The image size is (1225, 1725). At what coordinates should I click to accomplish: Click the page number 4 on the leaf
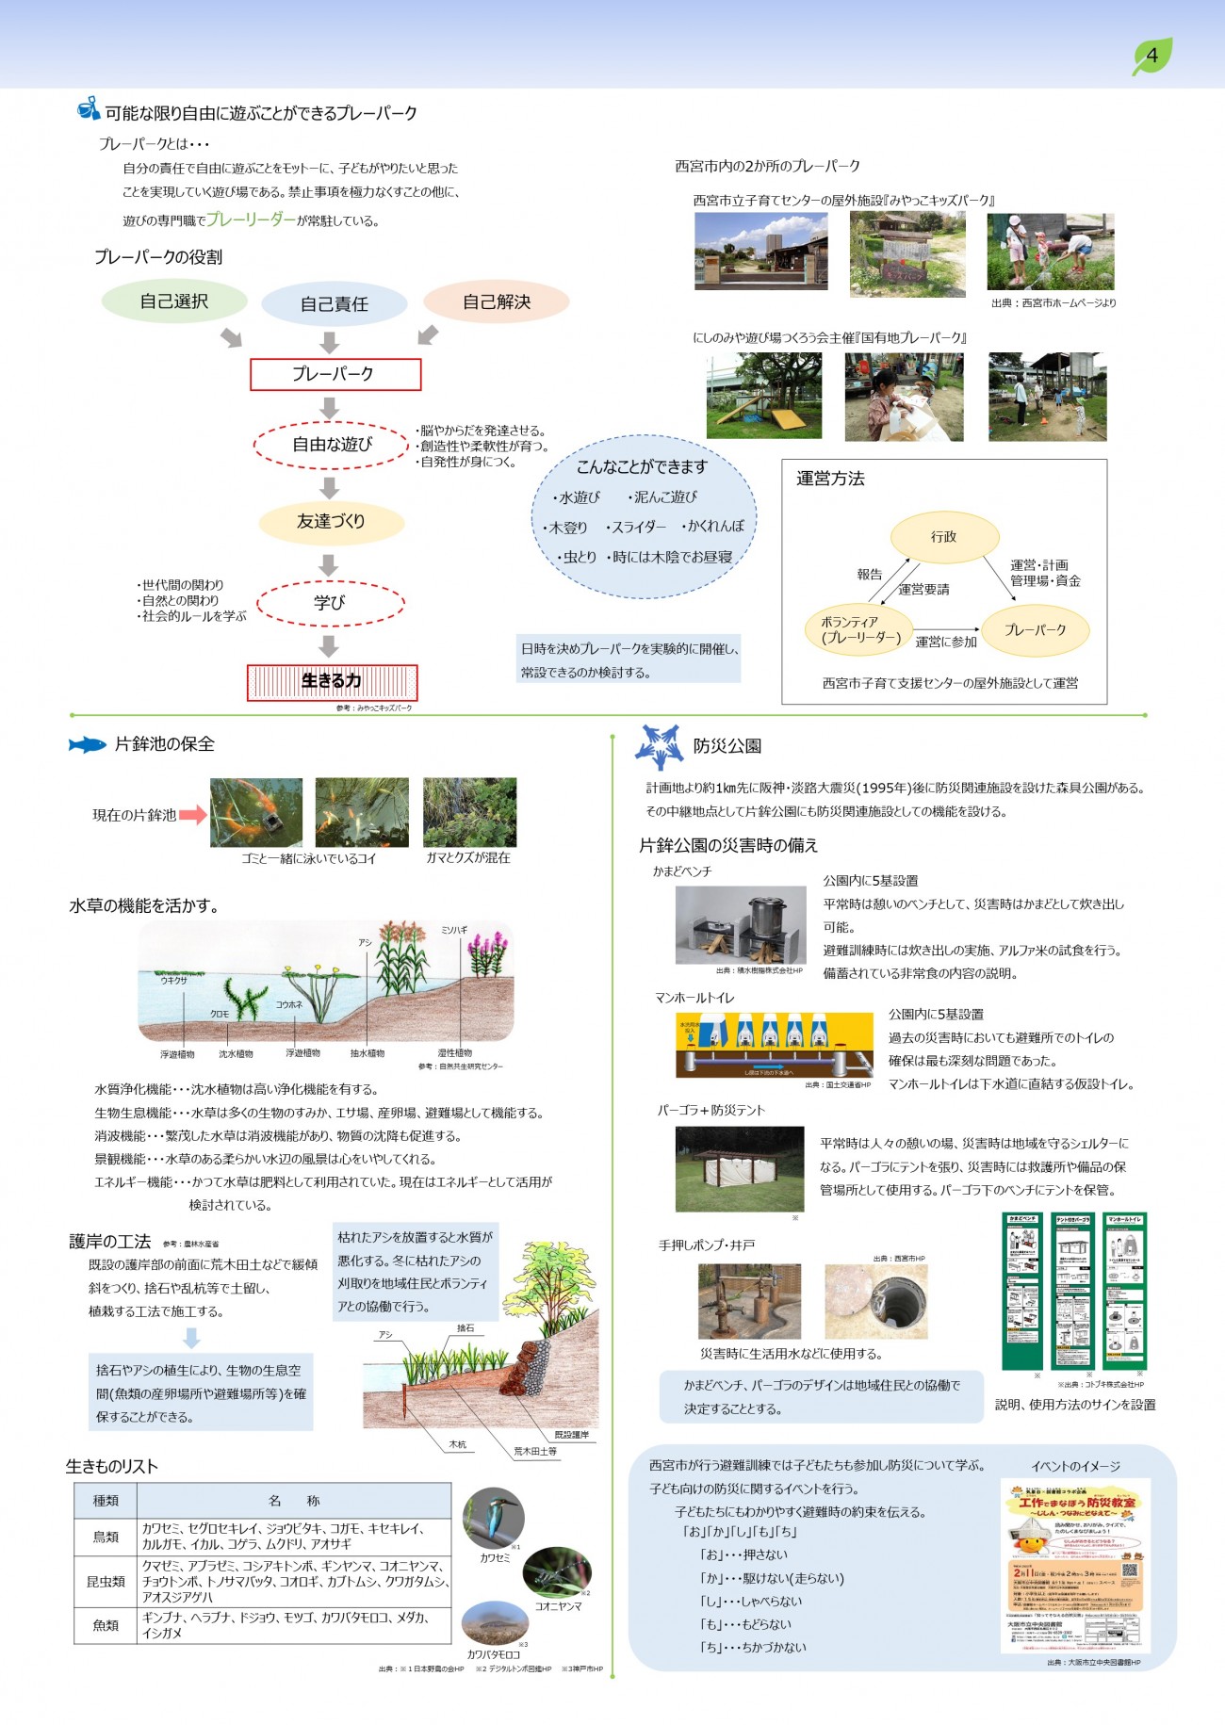pyautogui.click(x=1151, y=56)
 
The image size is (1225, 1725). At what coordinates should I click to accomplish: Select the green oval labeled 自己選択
pyautogui.click(x=174, y=301)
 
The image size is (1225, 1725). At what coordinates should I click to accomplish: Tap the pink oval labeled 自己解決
pyautogui.click(x=497, y=302)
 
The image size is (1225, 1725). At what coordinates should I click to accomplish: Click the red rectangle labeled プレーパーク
pyautogui.click(x=335, y=374)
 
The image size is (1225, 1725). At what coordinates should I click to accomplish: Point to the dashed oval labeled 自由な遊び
pyautogui.click(x=331, y=445)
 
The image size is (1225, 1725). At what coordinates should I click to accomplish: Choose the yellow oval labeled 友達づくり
pyautogui.click(x=331, y=522)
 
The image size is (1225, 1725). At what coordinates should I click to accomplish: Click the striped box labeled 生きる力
pyautogui.click(x=332, y=681)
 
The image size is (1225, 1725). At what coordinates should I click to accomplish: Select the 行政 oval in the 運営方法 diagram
pyautogui.click(x=944, y=537)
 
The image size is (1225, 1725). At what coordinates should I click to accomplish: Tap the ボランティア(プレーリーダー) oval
pyautogui.click(x=858, y=630)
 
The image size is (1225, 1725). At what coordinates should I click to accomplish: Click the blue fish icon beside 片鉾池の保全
pyautogui.click(x=88, y=744)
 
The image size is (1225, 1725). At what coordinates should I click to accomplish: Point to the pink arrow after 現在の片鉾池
pyautogui.click(x=193, y=815)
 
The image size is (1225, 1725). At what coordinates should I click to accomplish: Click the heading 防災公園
pyautogui.click(x=727, y=746)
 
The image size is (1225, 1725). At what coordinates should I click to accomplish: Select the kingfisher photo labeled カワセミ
pyautogui.click(x=494, y=1518)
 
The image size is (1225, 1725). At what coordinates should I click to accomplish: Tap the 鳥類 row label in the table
pyautogui.click(x=106, y=1537)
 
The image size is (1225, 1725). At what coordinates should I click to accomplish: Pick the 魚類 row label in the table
pyautogui.click(x=106, y=1625)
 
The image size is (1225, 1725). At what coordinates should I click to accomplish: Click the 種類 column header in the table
pyautogui.click(x=106, y=1501)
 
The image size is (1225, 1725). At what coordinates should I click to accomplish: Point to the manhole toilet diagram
pyautogui.click(x=775, y=1045)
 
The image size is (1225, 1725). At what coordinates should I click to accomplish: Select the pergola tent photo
pyautogui.click(x=740, y=1168)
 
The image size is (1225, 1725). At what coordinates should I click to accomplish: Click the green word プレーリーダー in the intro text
pyautogui.click(x=251, y=220)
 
